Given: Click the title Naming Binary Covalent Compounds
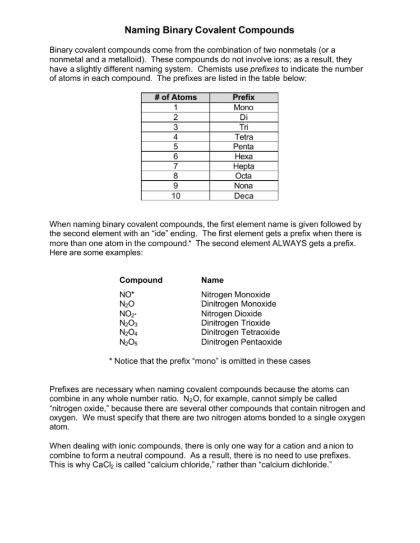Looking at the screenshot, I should click(x=209, y=29).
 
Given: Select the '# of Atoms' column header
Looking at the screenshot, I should click(x=176, y=97).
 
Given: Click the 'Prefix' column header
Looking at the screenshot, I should click(x=243, y=97).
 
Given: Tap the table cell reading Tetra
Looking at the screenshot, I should click(x=243, y=137).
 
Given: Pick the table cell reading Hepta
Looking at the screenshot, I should click(x=243, y=166).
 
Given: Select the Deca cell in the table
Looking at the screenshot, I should click(x=243, y=196).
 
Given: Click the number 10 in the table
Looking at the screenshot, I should click(x=176, y=196).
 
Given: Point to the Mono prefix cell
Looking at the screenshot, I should click(x=243, y=107).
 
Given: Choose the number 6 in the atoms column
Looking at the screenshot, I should click(x=176, y=157).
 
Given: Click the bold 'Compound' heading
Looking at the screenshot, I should click(x=141, y=280).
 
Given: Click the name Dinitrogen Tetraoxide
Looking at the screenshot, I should click(x=240, y=333).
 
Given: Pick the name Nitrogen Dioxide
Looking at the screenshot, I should click(x=231, y=313).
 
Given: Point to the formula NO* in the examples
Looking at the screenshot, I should click(x=126, y=294).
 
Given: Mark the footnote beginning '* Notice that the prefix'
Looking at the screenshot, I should click(x=209, y=361).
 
